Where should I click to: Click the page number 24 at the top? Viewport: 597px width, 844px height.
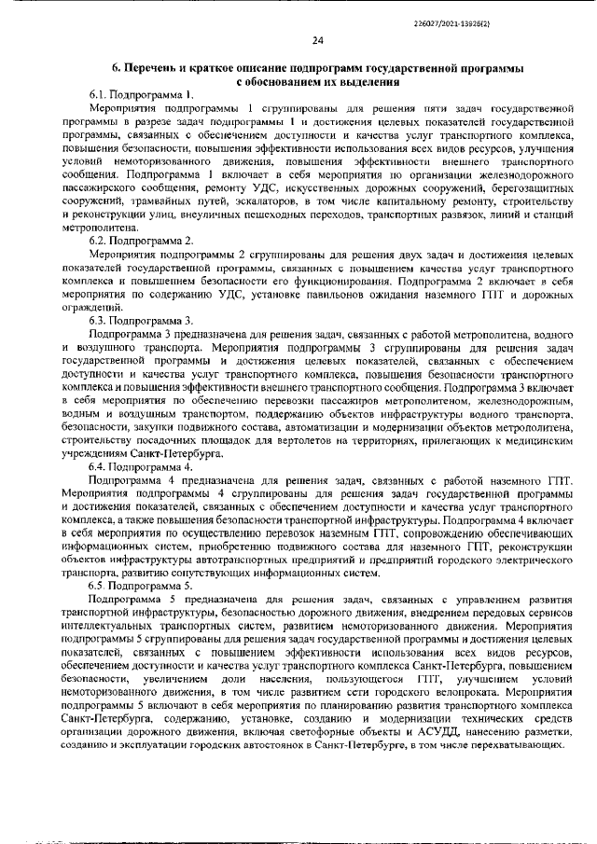[x=317, y=40]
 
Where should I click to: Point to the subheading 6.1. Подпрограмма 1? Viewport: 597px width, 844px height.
[x=141, y=95]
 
